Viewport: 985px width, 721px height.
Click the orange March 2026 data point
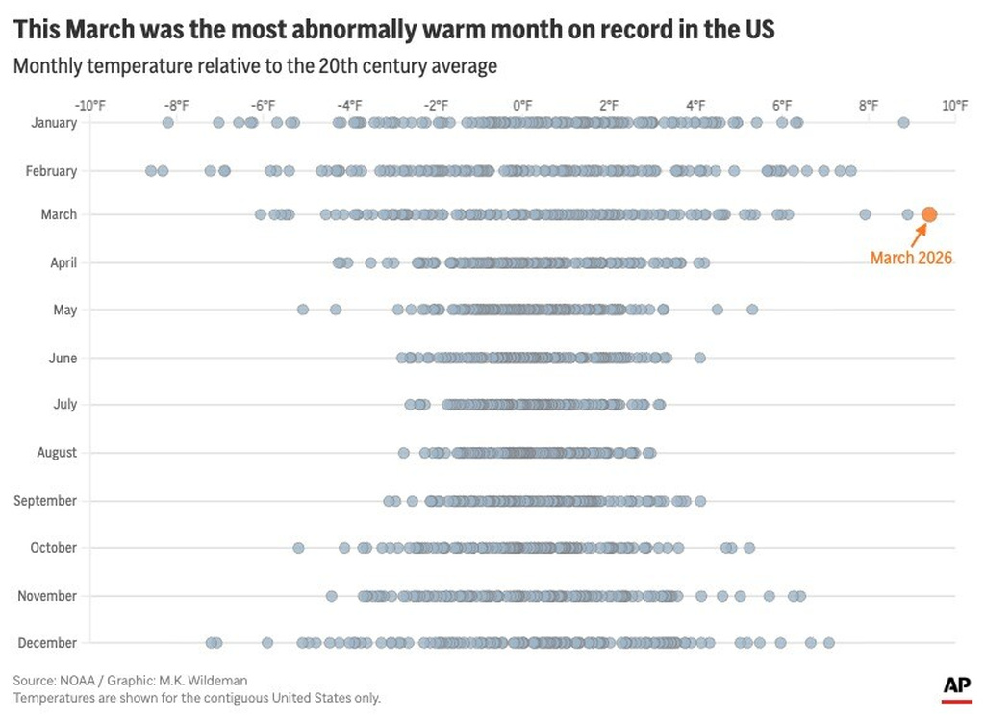tap(928, 214)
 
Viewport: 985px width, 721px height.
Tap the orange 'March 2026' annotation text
tap(911, 258)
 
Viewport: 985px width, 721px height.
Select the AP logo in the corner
tap(955, 685)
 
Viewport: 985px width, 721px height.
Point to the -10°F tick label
tap(89, 105)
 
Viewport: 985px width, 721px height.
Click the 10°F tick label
tap(954, 105)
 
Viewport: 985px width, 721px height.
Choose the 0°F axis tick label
tap(522, 105)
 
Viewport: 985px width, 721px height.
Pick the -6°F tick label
tap(263, 105)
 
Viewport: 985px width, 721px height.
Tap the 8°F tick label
tap(868, 105)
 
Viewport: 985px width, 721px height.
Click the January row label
tap(54, 122)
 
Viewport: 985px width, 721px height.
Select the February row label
tap(52, 171)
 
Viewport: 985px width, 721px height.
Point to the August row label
tap(57, 453)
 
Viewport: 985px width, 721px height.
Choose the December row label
tap(48, 642)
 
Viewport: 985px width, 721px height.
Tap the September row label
tap(45, 501)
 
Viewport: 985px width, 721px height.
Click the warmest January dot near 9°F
tap(903, 122)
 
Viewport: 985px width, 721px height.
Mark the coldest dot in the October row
tap(298, 548)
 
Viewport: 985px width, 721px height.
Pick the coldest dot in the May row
tap(303, 310)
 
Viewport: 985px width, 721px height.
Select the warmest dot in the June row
tap(700, 358)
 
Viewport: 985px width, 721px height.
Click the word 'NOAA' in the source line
tap(76, 680)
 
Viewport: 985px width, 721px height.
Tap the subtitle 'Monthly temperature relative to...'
tap(255, 66)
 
